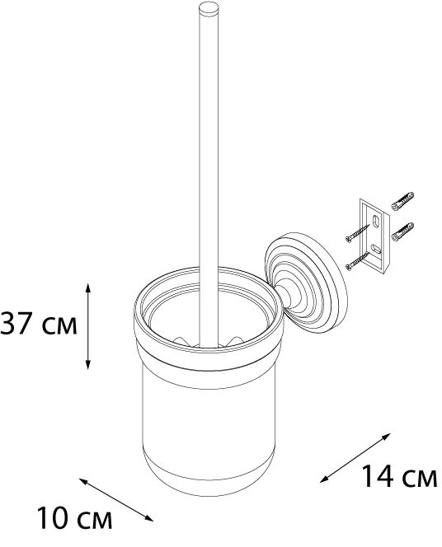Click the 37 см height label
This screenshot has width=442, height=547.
[x=39, y=324]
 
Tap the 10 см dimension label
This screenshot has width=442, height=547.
[x=74, y=518]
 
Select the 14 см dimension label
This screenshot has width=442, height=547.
[x=399, y=476]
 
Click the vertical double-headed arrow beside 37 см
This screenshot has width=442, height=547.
[x=88, y=326]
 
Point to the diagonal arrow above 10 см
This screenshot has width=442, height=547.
[x=116, y=499]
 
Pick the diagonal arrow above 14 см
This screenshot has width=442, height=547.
[x=355, y=458]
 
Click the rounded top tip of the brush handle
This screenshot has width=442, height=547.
[x=209, y=6]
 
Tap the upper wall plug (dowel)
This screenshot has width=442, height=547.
[x=402, y=201]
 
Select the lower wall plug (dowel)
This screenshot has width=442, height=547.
[x=402, y=231]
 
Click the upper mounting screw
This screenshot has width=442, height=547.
[x=357, y=233]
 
